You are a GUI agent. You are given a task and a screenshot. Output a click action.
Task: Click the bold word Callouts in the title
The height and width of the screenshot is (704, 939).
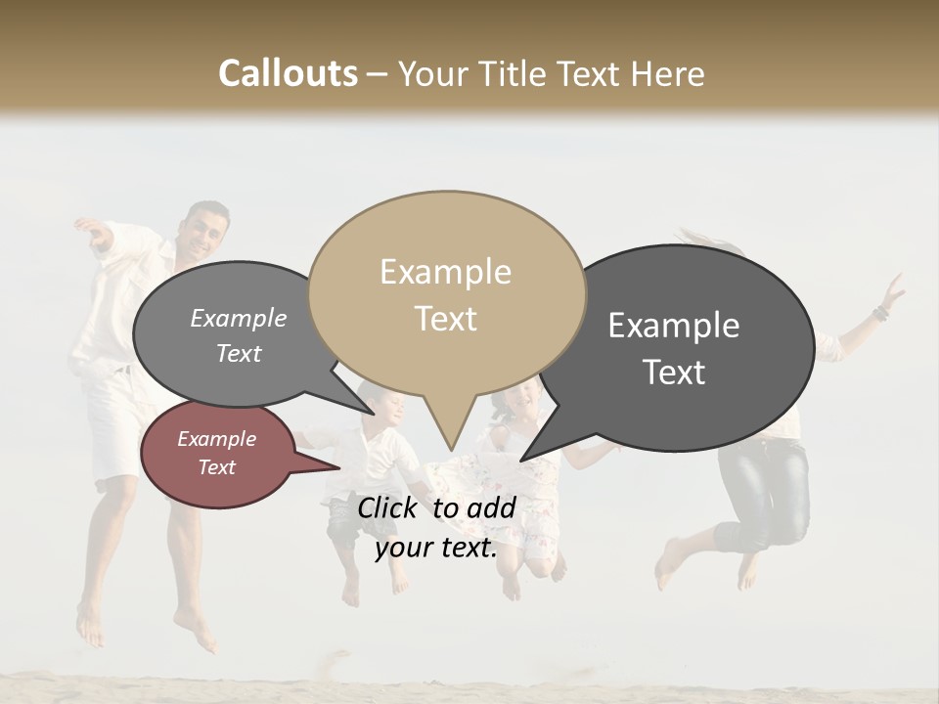point(288,73)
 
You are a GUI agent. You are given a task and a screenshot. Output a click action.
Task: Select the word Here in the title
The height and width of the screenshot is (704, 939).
point(664,74)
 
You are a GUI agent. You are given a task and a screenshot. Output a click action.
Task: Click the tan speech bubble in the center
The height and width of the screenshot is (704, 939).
point(446,293)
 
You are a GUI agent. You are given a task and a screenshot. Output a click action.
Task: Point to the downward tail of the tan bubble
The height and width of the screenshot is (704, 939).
point(448,430)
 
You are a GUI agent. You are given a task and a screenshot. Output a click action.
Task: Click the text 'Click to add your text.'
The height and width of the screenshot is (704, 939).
point(435,528)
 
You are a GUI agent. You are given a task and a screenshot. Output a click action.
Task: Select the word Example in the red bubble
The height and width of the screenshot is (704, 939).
point(217,439)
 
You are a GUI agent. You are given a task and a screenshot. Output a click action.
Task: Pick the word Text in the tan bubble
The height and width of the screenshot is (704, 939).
point(446,319)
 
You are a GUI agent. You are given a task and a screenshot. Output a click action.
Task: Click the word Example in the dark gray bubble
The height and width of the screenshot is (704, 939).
point(674,326)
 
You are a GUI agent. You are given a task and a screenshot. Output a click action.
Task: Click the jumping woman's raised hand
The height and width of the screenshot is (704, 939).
point(893,290)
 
